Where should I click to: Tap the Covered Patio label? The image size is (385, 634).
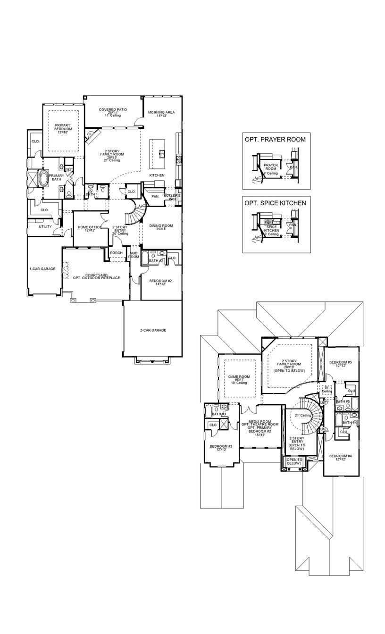(x=113, y=112)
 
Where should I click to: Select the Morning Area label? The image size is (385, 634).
(x=161, y=113)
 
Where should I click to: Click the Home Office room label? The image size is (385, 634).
(x=90, y=228)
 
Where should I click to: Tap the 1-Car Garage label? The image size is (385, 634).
(x=42, y=269)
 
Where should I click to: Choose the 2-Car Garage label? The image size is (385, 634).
(x=153, y=330)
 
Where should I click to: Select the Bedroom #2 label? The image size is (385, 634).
(x=160, y=282)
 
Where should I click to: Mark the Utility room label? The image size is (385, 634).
(x=45, y=226)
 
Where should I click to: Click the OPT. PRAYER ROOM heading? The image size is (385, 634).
(x=275, y=139)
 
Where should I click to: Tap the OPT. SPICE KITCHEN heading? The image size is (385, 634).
(x=276, y=203)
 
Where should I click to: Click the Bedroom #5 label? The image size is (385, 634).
(x=341, y=364)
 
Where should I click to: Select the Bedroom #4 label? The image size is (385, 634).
(x=341, y=457)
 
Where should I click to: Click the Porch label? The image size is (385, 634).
(x=116, y=253)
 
